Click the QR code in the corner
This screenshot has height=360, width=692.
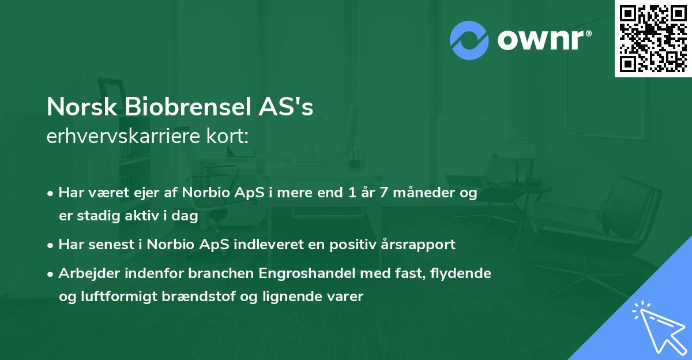pos(653,38)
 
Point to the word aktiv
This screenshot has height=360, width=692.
pos(146,216)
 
